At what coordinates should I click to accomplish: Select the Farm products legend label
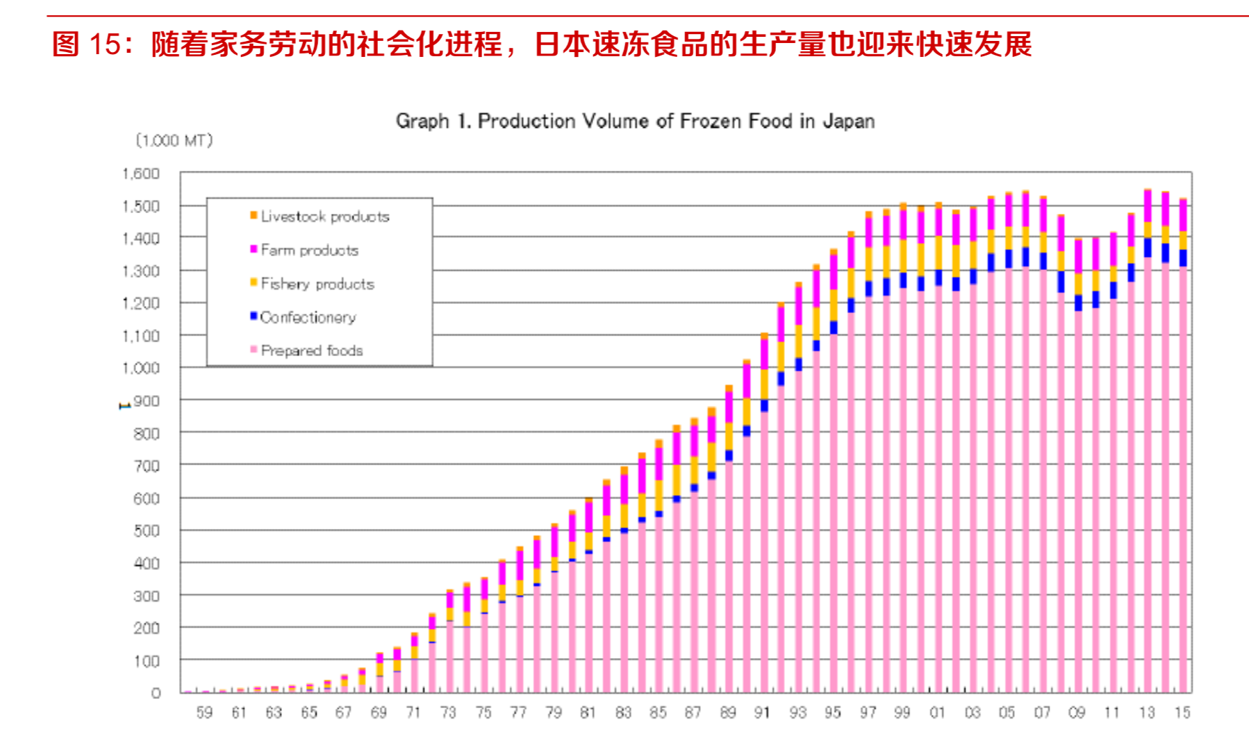point(309,250)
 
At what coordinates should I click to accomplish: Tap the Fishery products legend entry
point(317,284)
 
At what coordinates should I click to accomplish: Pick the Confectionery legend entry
point(308,317)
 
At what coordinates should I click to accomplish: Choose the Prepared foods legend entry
point(311,351)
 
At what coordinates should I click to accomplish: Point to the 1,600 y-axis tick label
point(141,174)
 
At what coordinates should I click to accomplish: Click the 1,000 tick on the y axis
point(141,368)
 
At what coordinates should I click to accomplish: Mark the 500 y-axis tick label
point(146,531)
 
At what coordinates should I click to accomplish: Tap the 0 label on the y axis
point(156,693)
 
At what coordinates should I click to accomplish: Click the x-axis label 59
point(204,713)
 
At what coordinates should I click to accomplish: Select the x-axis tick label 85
point(658,713)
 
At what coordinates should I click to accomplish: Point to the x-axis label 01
point(937,713)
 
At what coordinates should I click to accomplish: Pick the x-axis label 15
point(1182,713)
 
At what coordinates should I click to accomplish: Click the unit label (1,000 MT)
point(174,141)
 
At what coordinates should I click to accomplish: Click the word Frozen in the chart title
point(711,121)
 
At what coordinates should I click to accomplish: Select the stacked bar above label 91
point(764,514)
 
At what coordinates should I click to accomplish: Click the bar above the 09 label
point(1078,465)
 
